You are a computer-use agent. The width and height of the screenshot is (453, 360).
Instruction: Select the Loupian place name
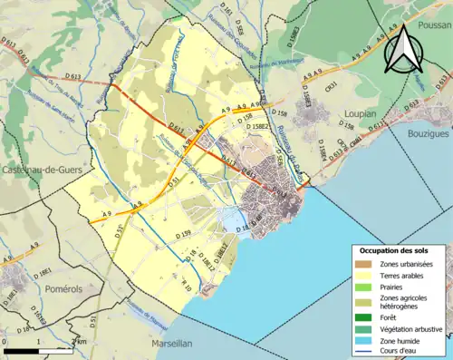(x=358, y=113)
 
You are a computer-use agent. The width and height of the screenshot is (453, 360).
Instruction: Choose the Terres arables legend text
(x=407, y=275)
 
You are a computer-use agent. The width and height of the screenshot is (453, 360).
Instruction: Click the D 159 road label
(x=181, y=235)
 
